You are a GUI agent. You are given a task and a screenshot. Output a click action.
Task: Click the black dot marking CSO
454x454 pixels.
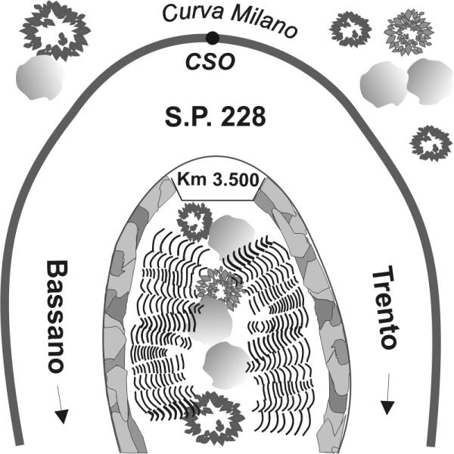click(x=213, y=38)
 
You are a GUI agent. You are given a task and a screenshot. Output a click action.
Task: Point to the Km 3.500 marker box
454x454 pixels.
click(x=218, y=181)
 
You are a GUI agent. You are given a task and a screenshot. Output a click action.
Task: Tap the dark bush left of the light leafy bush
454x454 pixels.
click(x=350, y=29)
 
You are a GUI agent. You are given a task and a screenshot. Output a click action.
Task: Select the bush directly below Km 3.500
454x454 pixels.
click(x=193, y=221)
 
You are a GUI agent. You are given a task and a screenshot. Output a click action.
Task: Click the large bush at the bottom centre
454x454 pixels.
click(x=208, y=417)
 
